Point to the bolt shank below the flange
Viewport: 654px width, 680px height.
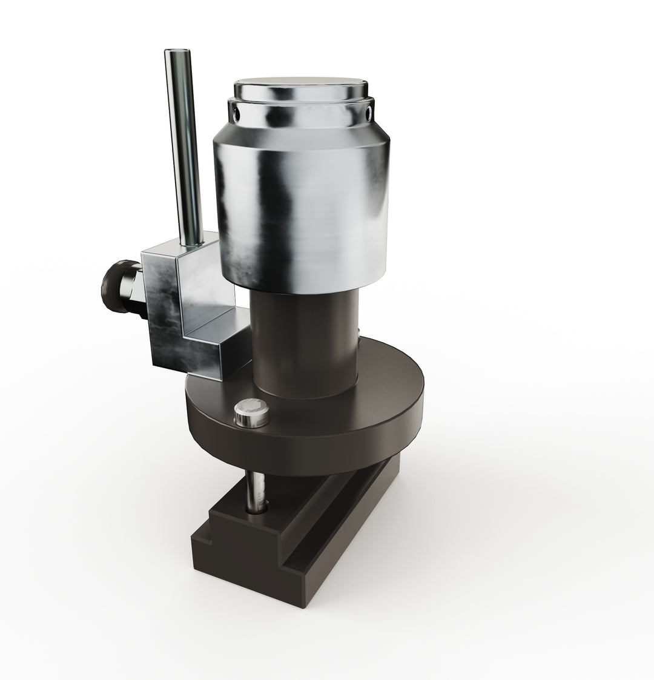pos(256,487)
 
